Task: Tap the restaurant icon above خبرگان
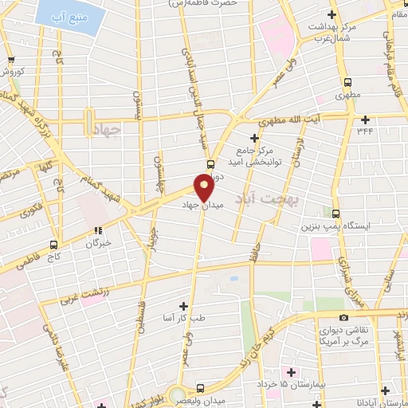(99, 231)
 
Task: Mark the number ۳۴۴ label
(365, 131)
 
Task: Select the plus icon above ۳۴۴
(365, 120)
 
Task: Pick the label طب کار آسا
(185, 318)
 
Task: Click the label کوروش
(14, 71)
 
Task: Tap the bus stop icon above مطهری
(347, 81)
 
